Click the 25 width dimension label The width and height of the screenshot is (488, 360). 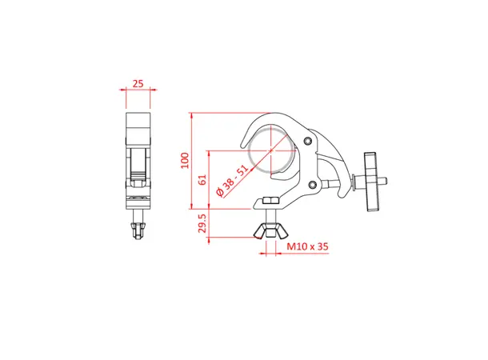click(x=139, y=82)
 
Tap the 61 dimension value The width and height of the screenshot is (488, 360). click(x=202, y=180)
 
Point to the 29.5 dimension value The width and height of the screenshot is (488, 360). click(x=202, y=225)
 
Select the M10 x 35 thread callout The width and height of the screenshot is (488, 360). click(x=307, y=248)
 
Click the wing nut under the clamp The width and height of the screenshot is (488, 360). click(x=268, y=233)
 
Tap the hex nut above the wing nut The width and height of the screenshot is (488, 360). click(x=270, y=200)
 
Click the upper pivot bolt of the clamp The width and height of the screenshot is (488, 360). click(x=310, y=142)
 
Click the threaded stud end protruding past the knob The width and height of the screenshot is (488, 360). click(x=386, y=181)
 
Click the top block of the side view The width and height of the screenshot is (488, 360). click(x=139, y=123)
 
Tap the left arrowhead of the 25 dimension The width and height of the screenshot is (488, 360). click(x=128, y=91)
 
